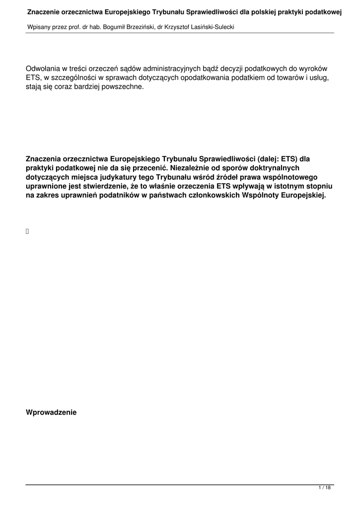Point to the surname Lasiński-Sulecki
(211, 26)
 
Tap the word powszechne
(118, 87)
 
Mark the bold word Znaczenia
(46, 159)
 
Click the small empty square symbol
(27, 231)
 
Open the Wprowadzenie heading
(51, 412)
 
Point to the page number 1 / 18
(324, 488)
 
